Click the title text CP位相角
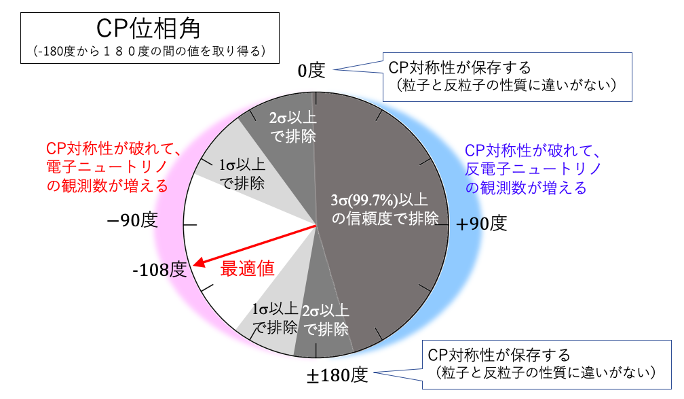click(149, 29)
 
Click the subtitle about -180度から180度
click(149, 52)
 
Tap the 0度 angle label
click(311, 71)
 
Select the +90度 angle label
click(482, 224)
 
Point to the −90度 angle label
click(132, 220)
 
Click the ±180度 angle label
click(337, 375)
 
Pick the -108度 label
click(159, 270)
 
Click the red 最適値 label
click(247, 268)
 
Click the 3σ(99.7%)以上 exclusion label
click(379, 200)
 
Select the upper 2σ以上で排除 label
click(292, 127)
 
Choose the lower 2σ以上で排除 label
click(326, 320)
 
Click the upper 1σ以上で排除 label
click(242, 174)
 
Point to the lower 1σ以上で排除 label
click(275, 318)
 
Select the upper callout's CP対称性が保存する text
click(460, 68)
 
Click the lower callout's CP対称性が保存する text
click(499, 355)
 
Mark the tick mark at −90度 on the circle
click(190, 224)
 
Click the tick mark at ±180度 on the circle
click(316, 351)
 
